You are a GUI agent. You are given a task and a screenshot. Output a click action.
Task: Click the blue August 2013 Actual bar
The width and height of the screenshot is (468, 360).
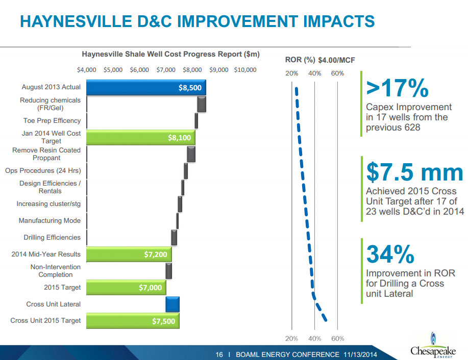145,88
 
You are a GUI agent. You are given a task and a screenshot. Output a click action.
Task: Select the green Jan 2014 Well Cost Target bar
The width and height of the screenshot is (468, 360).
140,137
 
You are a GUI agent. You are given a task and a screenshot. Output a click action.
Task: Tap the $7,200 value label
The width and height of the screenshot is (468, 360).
156,254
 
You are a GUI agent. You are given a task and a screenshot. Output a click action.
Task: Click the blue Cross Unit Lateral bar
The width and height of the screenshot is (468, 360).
173,304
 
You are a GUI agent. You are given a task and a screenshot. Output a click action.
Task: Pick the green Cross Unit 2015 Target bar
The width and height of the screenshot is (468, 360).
133,321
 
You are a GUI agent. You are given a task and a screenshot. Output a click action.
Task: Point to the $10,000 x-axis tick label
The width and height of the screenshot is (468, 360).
245,70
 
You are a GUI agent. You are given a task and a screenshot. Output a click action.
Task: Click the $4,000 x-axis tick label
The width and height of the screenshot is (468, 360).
87,70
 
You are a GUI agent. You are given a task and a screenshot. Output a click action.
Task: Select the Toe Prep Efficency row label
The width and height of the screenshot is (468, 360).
52,121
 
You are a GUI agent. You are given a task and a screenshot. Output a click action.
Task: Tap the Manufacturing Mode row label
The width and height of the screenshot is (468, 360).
50,221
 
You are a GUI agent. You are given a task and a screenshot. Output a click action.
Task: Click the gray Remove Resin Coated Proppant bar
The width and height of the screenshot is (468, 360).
191,154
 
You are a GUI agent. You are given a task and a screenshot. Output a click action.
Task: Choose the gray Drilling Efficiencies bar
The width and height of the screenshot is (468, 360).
174,237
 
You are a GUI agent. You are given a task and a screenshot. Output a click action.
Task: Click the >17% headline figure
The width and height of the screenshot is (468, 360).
397,89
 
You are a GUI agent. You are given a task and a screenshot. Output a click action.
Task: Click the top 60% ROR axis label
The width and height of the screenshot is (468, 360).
337,73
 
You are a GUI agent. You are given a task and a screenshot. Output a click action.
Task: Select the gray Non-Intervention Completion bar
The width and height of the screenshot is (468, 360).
168,271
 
